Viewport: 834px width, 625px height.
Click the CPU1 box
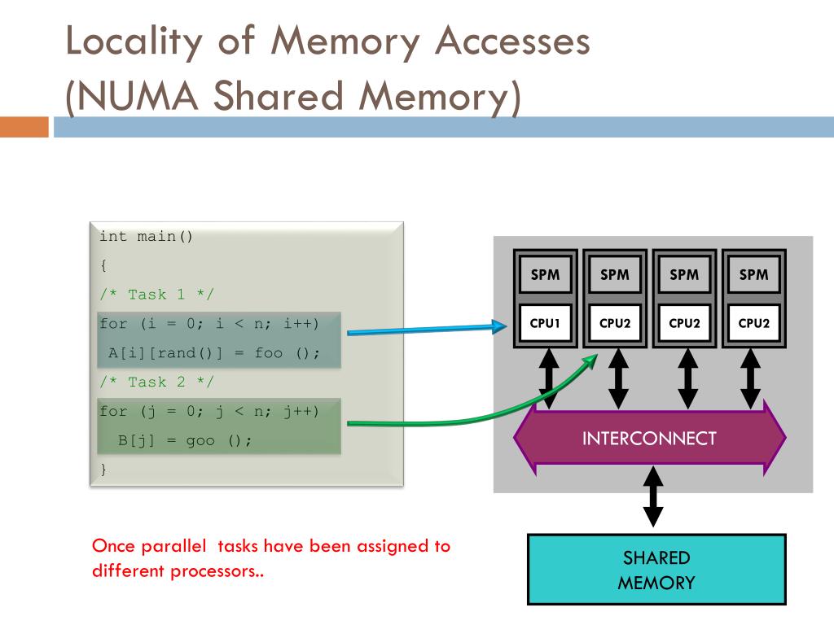(x=545, y=323)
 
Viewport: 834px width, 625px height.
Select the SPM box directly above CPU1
(x=545, y=275)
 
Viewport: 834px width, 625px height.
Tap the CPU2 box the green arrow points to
(x=615, y=323)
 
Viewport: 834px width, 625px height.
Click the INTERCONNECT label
(x=649, y=439)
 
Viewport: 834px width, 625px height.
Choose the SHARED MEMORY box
(x=656, y=570)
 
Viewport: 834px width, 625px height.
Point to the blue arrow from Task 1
(x=424, y=329)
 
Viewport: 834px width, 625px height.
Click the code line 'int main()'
(x=147, y=237)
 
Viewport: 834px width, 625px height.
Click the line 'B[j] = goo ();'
(x=185, y=440)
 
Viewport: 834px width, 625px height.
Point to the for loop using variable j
(x=209, y=411)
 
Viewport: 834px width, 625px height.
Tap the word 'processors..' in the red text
(x=217, y=570)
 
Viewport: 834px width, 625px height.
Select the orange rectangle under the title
(x=24, y=127)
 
